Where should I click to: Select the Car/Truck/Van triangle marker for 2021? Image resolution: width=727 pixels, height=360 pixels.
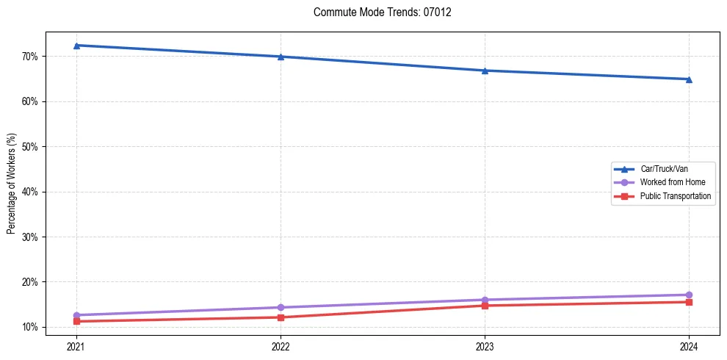coord(76,46)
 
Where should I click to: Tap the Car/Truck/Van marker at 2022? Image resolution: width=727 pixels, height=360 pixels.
coord(281,57)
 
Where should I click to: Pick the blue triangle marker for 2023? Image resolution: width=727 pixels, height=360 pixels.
coord(485,71)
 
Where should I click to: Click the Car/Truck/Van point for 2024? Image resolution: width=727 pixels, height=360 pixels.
coord(689,79)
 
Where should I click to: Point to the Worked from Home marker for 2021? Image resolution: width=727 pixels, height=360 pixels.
coord(76,315)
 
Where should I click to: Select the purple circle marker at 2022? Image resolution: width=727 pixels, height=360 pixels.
coord(281,307)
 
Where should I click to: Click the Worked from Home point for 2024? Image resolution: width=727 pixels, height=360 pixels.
coord(689,295)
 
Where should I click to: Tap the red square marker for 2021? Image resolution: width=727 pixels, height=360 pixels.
coord(76,321)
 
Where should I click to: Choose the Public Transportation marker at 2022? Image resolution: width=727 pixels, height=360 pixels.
coord(281,317)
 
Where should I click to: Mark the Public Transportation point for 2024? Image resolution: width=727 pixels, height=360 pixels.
coord(689,302)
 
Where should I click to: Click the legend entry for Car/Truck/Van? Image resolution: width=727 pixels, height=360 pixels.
coord(664,169)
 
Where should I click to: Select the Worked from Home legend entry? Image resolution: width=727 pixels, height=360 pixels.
coord(672,182)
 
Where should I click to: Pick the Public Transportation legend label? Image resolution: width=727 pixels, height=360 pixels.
coord(676,196)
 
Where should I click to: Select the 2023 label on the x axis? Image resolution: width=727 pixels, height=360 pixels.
coord(485,346)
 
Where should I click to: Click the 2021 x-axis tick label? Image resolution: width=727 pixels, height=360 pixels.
coord(76,346)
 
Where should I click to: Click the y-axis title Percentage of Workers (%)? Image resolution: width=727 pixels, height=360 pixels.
coord(11,184)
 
